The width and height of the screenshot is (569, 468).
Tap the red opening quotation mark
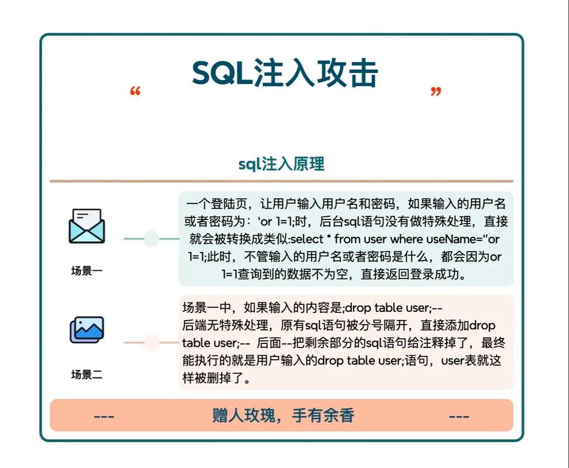point(135,92)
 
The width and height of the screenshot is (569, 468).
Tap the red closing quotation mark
point(435,92)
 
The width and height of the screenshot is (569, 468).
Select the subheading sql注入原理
point(281,164)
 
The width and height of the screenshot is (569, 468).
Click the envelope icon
point(87,226)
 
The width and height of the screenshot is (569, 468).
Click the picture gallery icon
point(87,330)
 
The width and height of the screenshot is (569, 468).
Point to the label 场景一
point(87,271)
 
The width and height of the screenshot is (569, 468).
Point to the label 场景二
point(87,374)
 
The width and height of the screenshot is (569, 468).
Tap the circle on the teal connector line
point(151,239)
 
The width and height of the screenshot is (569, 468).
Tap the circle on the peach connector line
point(151,343)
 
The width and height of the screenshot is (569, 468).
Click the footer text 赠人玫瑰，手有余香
point(283,415)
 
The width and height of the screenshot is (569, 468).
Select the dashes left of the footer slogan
point(104,416)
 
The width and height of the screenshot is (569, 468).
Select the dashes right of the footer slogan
point(459,416)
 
